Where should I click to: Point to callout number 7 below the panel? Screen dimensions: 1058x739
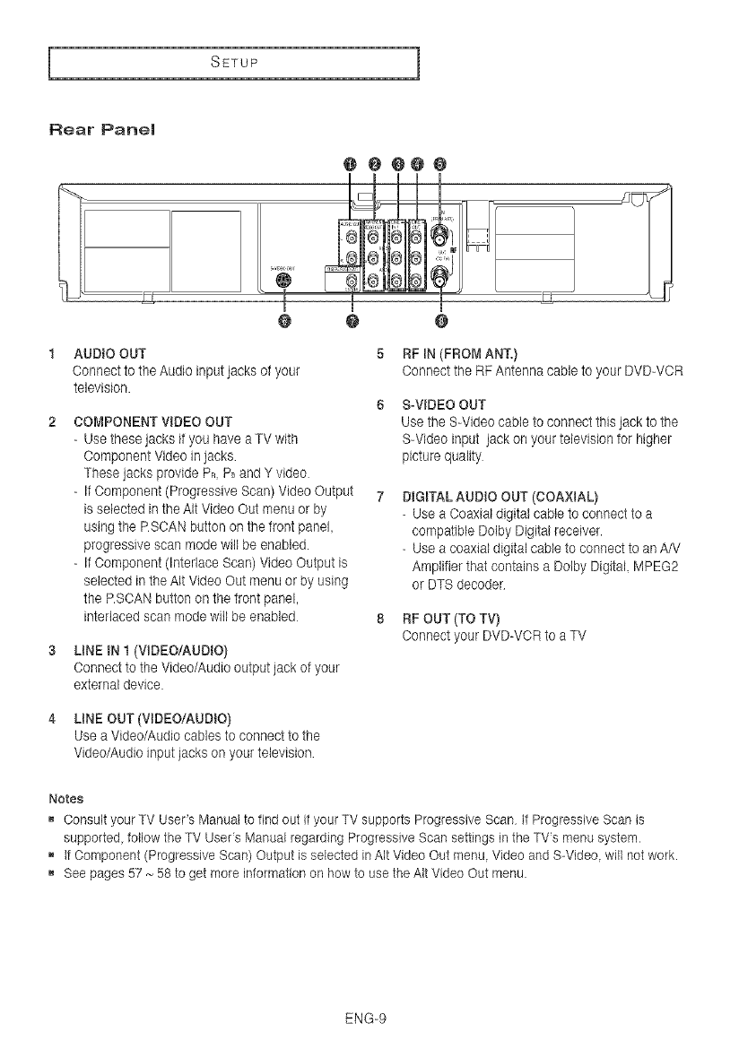coord(352,320)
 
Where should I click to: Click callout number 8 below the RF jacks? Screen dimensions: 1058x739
coord(440,320)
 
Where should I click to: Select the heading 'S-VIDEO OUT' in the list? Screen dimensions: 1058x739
coord(441,403)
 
